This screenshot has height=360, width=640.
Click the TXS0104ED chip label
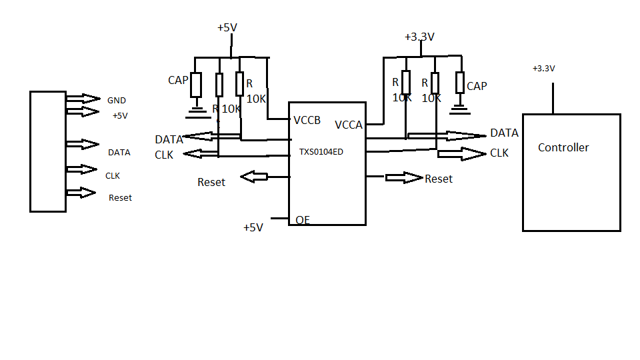click(x=321, y=152)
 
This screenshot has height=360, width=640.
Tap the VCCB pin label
click(x=307, y=121)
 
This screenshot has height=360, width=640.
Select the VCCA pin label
click(x=349, y=125)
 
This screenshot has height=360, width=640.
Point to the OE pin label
click(x=303, y=220)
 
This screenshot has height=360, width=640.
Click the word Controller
click(x=563, y=147)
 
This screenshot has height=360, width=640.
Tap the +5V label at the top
click(x=227, y=27)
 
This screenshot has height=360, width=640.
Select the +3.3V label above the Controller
click(x=543, y=69)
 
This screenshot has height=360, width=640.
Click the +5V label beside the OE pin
click(x=253, y=227)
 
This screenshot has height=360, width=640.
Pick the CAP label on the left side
click(x=178, y=81)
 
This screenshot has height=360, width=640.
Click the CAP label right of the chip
click(x=477, y=86)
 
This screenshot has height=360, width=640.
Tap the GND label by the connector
click(x=117, y=101)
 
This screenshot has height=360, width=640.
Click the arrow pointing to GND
click(x=82, y=99)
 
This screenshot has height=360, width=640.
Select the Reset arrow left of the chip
click(x=254, y=177)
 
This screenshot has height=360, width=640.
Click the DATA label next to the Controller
click(x=504, y=133)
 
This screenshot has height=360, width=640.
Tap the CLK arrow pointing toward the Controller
click(x=461, y=154)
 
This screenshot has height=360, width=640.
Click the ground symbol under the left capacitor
click(x=196, y=107)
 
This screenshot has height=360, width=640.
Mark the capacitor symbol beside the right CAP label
click(x=459, y=83)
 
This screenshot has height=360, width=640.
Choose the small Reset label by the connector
click(x=120, y=198)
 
